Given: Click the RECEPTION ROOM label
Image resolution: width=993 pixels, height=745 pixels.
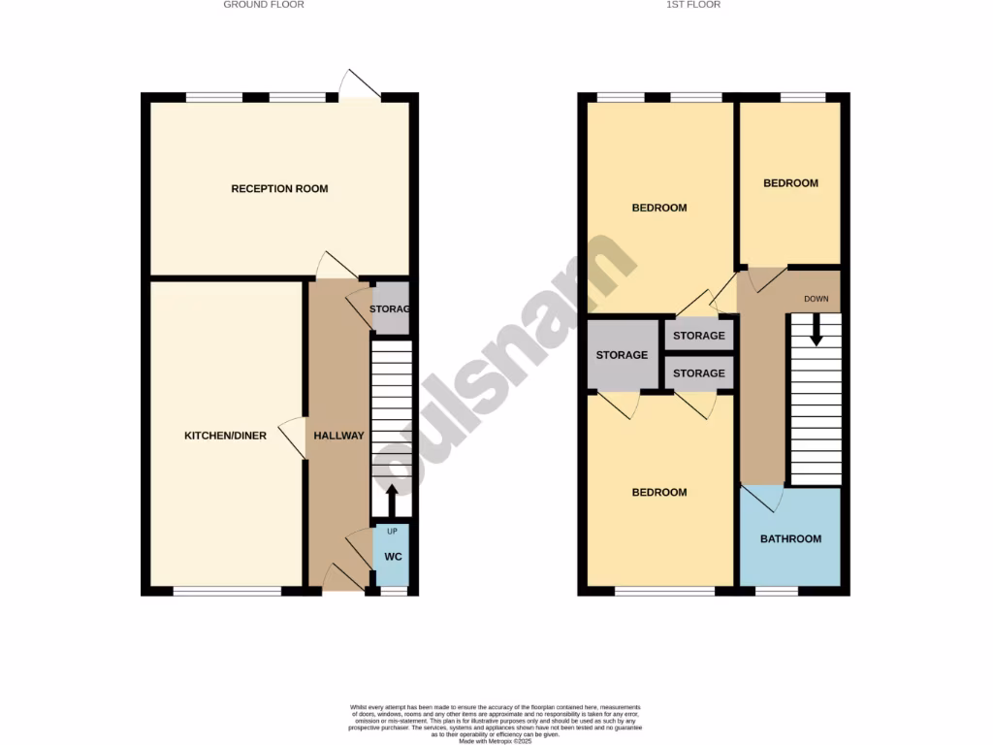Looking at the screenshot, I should click(279, 188).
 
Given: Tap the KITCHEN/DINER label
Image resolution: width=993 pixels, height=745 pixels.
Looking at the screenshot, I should click(225, 436).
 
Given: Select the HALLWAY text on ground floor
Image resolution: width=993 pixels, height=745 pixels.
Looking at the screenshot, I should click(338, 436).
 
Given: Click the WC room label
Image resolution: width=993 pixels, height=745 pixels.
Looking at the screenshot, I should click(393, 557).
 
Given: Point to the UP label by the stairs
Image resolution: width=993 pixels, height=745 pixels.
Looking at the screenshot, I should click(393, 533).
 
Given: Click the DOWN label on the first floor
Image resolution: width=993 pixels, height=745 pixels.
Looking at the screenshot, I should click(816, 299).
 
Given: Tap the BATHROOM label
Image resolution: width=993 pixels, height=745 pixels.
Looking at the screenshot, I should click(790, 538).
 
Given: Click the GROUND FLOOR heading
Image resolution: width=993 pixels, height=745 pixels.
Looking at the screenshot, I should click(264, 5).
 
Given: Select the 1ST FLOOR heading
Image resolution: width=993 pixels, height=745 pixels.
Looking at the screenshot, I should click(693, 5).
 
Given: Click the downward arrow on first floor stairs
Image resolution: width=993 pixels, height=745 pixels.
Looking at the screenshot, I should click(816, 331).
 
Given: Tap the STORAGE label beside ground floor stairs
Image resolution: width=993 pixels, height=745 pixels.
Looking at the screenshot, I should click(390, 309).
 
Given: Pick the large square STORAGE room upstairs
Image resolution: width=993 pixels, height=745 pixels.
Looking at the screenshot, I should click(622, 355).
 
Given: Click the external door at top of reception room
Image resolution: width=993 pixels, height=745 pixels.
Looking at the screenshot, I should click(360, 86).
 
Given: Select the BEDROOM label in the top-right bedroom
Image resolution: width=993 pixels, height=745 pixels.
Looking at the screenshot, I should click(790, 182).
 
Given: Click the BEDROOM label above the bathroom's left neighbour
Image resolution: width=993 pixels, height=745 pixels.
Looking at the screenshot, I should click(659, 492).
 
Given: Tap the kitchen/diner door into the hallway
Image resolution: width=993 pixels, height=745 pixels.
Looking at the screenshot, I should click(292, 436).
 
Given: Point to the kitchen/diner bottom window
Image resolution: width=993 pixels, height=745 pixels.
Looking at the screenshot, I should click(227, 591).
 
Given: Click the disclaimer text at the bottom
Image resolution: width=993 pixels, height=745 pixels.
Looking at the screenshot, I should click(496, 724).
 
